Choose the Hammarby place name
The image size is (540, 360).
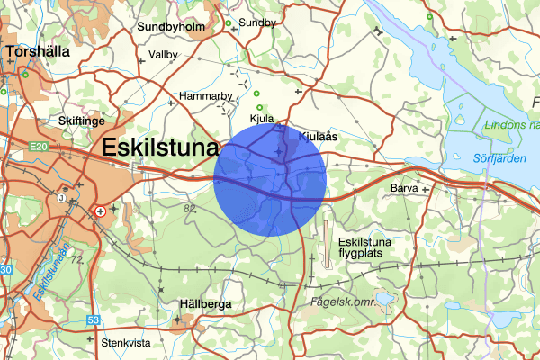coord(206,95)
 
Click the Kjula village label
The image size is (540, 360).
coord(261,118)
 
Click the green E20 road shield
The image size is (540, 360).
coord(37,146)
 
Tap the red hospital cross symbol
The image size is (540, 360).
coord(100,211)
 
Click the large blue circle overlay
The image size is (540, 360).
coord(270,180)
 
